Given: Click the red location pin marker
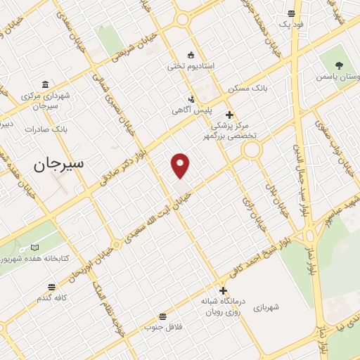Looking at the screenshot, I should click(x=181, y=165).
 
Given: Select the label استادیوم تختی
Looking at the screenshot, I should click(x=189, y=67).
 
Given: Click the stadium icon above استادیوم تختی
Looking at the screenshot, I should click(x=190, y=55).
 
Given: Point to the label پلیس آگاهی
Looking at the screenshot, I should click(x=190, y=110).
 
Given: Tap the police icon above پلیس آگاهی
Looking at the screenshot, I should click(x=191, y=99).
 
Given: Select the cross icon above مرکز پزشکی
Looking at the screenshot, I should click(x=229, y=114).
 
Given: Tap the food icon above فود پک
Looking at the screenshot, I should click(x=291, y=13).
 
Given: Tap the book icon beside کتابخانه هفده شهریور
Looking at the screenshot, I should click(x=35, y=247).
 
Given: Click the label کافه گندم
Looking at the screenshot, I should click(x=52, y=298).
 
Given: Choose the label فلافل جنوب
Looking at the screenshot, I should click(x=162, y=327).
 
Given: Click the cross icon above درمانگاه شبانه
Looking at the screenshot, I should click(x=223, y=290).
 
